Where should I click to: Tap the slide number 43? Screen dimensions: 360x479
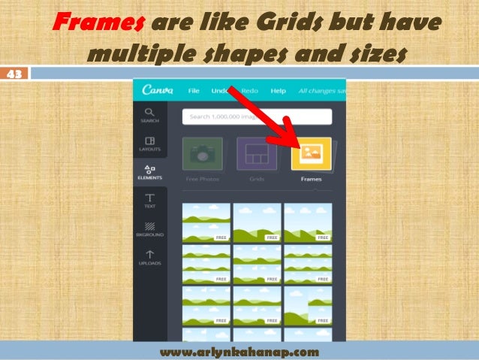14,74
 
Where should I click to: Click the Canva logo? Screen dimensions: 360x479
156,91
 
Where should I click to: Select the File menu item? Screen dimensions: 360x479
194,91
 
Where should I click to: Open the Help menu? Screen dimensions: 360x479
278,91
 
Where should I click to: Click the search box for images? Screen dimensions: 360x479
256,116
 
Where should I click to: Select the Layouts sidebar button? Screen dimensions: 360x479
149,143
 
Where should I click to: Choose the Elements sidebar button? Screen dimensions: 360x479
149,172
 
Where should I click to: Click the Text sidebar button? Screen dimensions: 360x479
149,201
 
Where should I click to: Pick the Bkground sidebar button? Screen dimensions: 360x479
149,228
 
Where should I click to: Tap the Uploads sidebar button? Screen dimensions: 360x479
149,258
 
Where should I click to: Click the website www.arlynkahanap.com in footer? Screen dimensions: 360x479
239,352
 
